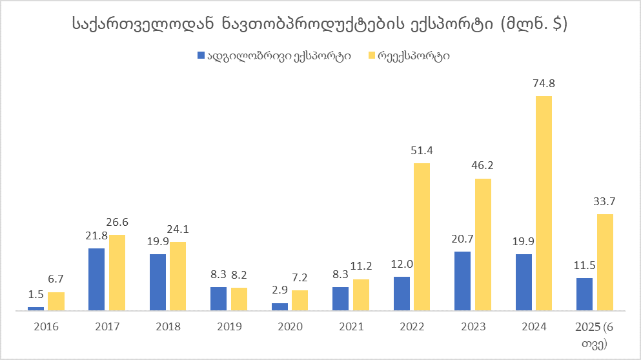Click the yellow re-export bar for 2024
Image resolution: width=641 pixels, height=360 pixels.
pos(544,203)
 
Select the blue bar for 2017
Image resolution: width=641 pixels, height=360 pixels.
pos(96,279)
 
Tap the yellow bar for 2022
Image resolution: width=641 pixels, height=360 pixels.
pos(422,237)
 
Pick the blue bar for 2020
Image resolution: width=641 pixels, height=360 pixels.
pos(280,306)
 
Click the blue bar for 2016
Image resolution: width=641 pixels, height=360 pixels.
pos(36,308)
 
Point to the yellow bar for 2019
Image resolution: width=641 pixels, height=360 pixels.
pos(239,299)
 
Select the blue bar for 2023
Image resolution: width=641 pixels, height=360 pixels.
pos(462,281)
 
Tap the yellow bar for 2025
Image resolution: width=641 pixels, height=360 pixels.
pos(605,262)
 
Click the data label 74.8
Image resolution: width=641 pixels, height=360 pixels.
pos(544,83)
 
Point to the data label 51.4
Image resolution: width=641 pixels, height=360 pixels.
pos(422,150)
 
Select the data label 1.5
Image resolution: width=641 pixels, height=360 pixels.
pos(36,294)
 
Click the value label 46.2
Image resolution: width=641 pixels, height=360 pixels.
pos(483,165)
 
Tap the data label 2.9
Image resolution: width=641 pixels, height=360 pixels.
pos(280,290)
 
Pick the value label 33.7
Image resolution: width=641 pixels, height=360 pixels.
pos(605,201)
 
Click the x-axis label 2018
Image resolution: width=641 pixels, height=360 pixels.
pos(168,326)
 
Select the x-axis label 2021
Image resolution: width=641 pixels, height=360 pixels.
pos(351,326)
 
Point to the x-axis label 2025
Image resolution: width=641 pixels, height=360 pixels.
pos(586,326)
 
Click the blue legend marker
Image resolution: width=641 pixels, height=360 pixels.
pos(200,55)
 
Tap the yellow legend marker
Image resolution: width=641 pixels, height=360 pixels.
pos(371,55)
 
